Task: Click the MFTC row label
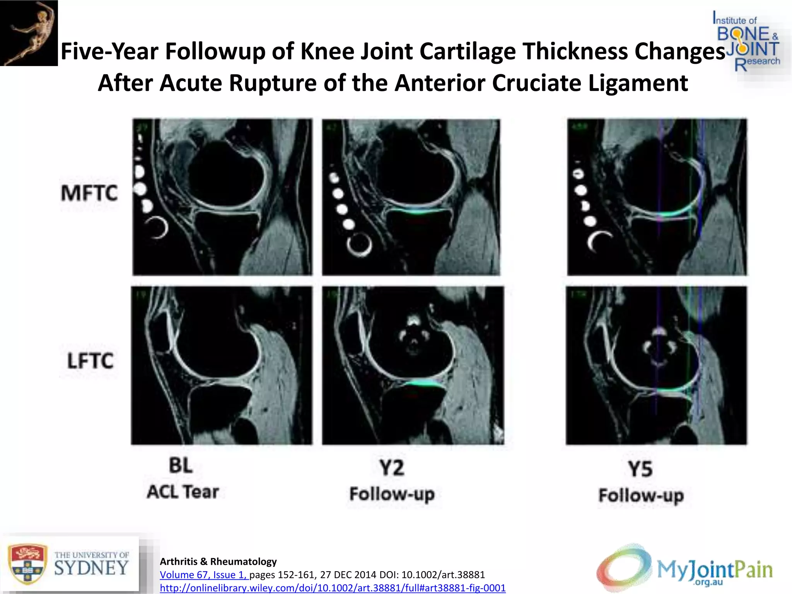(89, 193)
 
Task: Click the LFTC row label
(90, 361)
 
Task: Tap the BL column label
(181, 466)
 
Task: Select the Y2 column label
(392, 468)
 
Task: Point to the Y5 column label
(640, 469)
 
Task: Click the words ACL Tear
(183, 492)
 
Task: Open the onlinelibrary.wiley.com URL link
(333, 588)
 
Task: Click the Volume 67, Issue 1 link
(204, 575)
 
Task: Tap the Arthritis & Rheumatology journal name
(218, 562)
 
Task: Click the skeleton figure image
(29, 33)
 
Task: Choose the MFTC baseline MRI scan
(222, 197)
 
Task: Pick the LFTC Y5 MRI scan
(656, 365)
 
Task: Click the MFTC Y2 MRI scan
(411, 197)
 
